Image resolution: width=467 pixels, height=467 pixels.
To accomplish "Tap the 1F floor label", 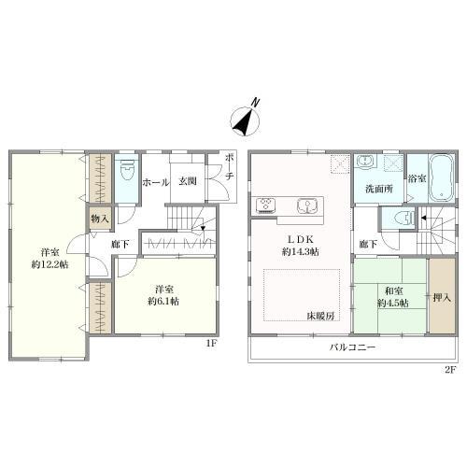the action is [211, 343].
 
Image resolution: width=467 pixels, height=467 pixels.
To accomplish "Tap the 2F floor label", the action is [450, 370].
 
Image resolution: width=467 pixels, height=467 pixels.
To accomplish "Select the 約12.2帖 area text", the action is [50, 264].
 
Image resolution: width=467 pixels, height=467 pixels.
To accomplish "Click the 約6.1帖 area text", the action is [163, 302].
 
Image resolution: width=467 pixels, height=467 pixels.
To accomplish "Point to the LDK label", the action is [300, 239].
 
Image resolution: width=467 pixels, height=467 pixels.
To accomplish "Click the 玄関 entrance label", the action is [188, 181].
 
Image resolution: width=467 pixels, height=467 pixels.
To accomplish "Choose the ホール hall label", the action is [156, 182].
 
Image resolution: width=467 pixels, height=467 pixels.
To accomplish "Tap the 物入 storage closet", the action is [100, 219].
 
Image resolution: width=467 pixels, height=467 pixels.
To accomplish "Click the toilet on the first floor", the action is [126, 170].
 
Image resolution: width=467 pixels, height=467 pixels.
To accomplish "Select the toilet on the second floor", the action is [403, 217].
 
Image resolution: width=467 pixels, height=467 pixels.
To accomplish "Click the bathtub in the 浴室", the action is [442, 178].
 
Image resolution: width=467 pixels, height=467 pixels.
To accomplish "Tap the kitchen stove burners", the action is [265, 205].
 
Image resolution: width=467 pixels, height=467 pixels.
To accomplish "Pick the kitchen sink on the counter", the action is [307, 205].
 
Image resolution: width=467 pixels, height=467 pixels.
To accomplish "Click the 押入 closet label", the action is [442, 298].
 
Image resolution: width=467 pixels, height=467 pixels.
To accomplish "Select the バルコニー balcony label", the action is [353, 347].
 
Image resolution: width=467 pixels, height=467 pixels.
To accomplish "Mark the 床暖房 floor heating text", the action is [321, 317].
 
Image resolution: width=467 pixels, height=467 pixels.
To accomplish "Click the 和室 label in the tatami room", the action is [394, 291].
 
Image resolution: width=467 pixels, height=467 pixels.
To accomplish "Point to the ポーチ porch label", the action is [230, 167].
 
